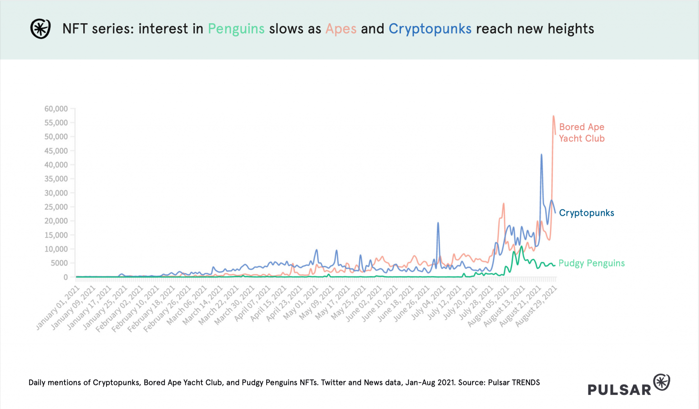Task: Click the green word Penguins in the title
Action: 236,29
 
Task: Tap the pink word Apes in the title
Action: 341,29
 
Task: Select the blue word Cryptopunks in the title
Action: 430,29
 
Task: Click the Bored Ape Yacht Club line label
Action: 581,132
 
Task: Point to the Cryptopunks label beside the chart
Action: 586,213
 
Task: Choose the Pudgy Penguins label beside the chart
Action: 591,263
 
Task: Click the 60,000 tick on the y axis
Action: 56,109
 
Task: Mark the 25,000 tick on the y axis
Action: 56,207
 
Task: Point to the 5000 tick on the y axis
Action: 59,263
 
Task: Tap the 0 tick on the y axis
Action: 66,277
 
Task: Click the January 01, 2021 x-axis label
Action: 58,307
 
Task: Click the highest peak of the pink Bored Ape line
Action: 553,116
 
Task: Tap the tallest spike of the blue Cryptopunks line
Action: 541,155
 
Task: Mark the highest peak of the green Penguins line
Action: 522,247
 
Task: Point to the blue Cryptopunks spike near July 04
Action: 438,223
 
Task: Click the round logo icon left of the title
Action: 40,29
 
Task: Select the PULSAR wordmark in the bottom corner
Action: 619,389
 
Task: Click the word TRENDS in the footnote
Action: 526,383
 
